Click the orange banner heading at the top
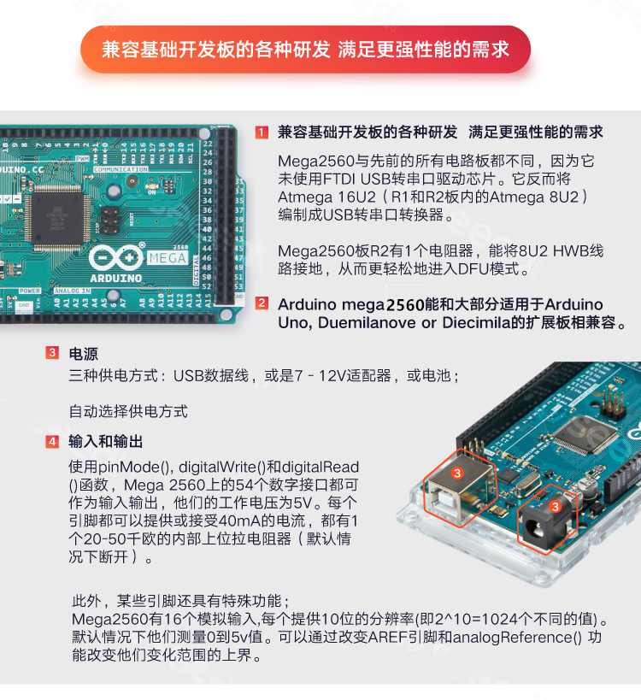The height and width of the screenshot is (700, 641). [x=305, y=49]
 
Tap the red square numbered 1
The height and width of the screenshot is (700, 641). [x=262, y=132]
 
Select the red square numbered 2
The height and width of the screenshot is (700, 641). [x=262, y=303]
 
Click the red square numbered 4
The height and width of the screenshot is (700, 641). [x=52, y=442]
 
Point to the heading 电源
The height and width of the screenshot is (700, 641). [x=84, y=354]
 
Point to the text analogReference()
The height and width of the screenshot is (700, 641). [x=517, y=638]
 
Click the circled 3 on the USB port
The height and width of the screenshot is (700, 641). [x=457, y=474]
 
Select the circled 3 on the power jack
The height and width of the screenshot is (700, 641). [x=555, y=506]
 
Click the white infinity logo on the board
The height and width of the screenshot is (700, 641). [x=116, y=258]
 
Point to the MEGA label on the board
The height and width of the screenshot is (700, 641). [x=168, y=257]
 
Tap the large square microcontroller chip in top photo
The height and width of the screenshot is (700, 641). [x=57, y=217]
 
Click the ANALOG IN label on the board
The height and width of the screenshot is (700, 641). [x=72, y=291]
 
